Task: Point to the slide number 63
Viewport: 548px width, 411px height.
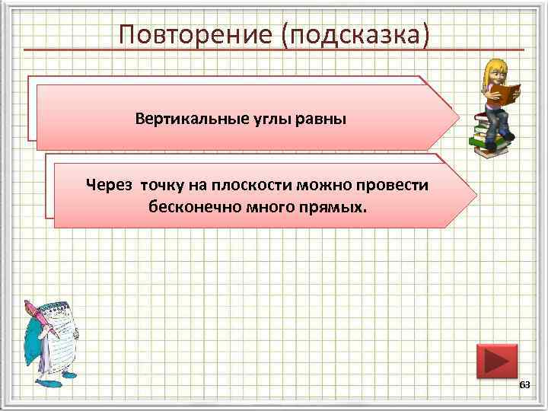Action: (x=524, y=387)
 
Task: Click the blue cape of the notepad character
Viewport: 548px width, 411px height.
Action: (x=30, y=342)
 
